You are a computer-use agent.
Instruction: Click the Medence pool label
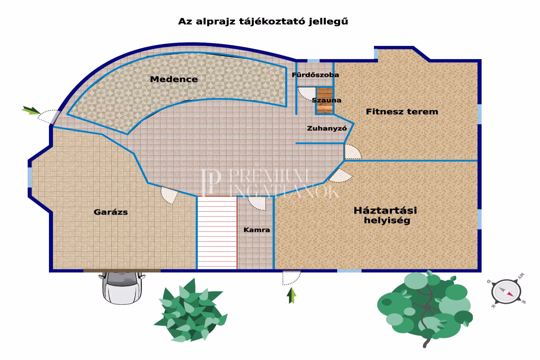coord(174,79)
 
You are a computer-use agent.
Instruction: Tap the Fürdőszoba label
coord(315,75)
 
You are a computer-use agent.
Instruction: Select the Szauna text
coord(326,100)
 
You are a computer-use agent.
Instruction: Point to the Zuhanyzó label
coord(327,128)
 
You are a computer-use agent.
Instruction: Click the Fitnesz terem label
coord(402,112)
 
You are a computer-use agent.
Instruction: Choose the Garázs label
coord(111,212)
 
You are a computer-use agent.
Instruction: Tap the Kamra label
coord(256,230)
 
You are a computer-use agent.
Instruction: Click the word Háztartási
coord(385,210)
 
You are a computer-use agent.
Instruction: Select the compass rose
coord(506,291)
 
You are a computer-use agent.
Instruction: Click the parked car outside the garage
coord(122,287)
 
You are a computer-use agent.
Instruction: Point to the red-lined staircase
coord(217,233)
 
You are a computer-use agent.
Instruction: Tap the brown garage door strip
coord(122,271)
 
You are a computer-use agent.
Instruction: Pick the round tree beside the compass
coord(425,307)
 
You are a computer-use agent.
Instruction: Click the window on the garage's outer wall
coord(30,177)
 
